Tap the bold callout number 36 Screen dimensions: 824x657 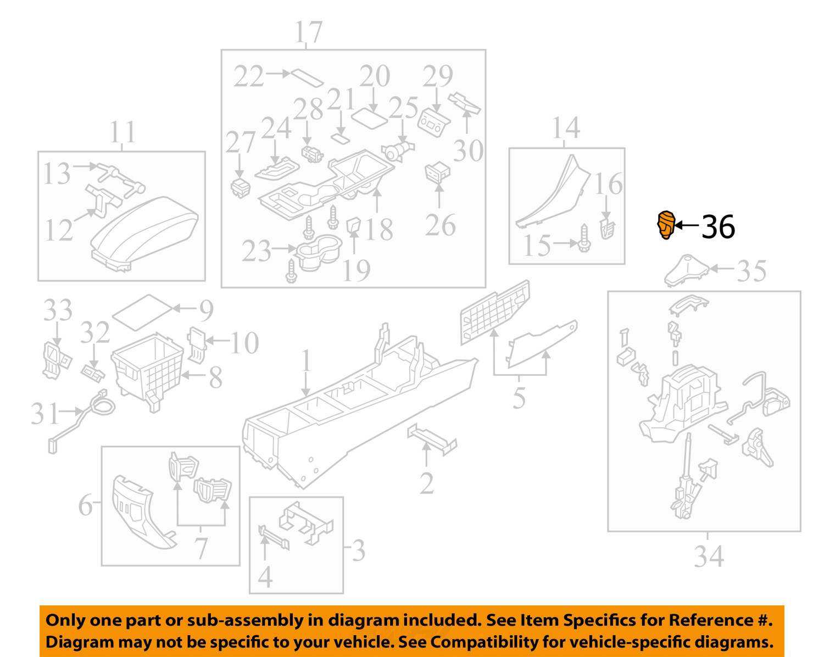click(x=719, y=227)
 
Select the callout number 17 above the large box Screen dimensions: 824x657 click(x=309, y=32)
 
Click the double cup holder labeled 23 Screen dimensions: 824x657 click(x=319, y=252)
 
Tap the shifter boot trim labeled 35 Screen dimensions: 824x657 click(x=687, y=270)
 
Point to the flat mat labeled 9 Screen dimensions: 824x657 click(x=142, y=313)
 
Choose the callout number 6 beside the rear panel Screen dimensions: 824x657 click(x=85, y=505)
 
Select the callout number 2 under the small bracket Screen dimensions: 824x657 click(x=427, y=483)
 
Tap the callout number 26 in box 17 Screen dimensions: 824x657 click(x=441, y=226)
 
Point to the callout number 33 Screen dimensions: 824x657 click(x=58, y=310)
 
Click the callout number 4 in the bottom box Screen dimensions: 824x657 click(x=265, y=576)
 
